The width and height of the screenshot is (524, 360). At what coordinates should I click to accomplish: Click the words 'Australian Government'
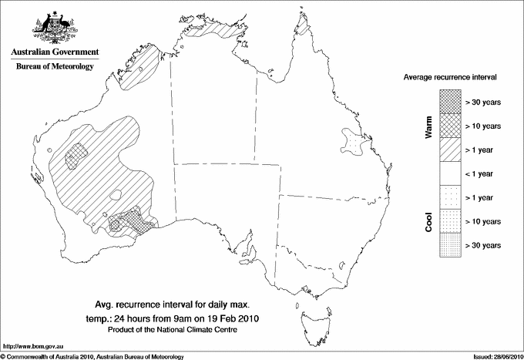(x=54, y=52)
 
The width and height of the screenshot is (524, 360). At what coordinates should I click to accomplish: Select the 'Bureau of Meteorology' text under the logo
(x=54, y=66)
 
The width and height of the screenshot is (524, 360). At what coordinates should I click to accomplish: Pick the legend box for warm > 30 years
(x=449, y=100)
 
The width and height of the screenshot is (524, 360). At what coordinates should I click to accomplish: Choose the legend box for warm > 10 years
(x=449, y=125)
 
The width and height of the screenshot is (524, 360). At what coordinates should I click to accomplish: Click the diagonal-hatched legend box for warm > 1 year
(x=449, y=149)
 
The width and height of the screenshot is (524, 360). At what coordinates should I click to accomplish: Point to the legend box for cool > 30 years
(x=449, y=244)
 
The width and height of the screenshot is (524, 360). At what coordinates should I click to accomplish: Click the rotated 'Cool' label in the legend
(x=428, y=221)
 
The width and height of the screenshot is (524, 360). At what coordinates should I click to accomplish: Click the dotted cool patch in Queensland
(x=354, y=143)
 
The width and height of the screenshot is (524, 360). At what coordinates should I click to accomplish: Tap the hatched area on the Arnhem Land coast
(x=220, y=30)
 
